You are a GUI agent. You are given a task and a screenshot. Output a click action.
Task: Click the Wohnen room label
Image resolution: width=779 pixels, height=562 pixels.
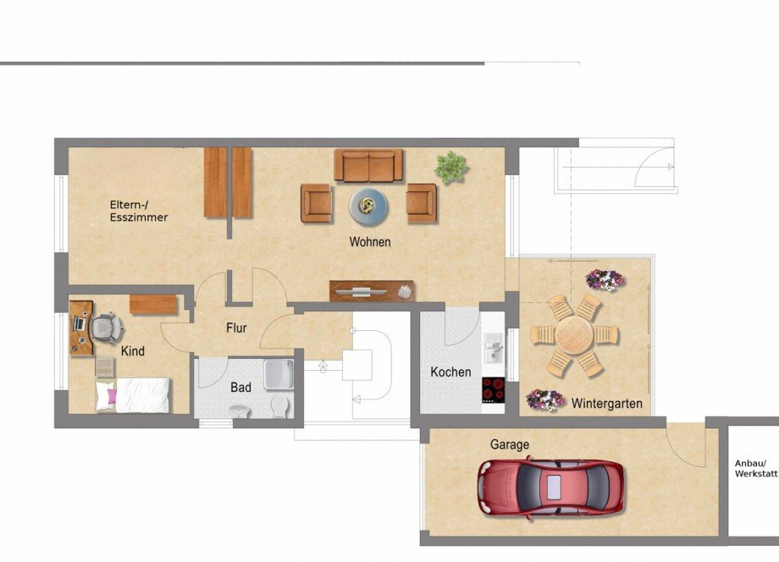[370, 242]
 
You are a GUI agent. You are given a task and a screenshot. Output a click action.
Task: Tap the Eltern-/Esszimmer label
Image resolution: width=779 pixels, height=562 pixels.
[138, 211]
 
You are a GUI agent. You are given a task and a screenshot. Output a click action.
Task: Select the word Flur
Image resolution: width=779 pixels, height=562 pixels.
[236, 328]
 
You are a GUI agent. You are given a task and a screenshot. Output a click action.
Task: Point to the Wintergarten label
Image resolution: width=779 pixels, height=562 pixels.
[606, 404]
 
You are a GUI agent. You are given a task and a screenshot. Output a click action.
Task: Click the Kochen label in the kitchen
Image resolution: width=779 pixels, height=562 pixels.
[450, 372]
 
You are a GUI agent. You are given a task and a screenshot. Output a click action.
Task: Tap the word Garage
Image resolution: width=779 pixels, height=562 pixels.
[509, 444]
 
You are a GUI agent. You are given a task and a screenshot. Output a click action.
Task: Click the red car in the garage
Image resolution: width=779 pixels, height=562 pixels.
[550, 487]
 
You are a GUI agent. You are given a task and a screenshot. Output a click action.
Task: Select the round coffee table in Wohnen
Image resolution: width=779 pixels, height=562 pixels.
[369, 204]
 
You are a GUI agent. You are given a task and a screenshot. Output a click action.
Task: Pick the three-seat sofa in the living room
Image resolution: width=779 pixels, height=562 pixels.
[368, 165]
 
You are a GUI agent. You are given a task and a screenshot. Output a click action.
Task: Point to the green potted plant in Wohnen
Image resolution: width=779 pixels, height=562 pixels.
[451, 167]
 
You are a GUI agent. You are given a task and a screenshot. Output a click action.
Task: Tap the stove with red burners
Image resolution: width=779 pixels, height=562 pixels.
[493, 391]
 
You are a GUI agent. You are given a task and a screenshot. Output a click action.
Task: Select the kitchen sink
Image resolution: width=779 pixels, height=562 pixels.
[493, 347]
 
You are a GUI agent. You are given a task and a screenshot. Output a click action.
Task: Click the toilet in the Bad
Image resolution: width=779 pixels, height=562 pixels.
[279, 407]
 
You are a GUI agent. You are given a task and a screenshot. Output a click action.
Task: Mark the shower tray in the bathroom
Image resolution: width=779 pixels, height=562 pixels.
[279, 373]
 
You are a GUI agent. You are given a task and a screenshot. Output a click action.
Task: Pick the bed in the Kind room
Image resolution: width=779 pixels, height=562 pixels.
[133, 394]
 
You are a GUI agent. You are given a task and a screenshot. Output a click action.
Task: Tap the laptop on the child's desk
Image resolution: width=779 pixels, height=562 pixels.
[80, 322]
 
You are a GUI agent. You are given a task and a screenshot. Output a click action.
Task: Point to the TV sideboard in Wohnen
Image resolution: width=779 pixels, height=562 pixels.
[372, 291]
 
